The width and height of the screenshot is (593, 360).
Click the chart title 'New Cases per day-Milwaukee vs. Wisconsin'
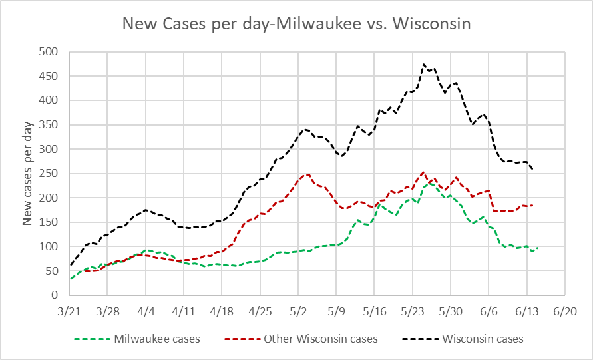(296, 25)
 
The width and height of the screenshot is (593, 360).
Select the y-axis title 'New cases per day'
(28, 173)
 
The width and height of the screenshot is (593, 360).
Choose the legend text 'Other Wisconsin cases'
(321, 339)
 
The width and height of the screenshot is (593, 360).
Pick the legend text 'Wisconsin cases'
(483, 339)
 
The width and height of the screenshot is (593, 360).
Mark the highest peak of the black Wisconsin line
(424, 65)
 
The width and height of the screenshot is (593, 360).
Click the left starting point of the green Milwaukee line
(71, 279)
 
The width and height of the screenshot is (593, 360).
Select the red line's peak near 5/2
(308, 174)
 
